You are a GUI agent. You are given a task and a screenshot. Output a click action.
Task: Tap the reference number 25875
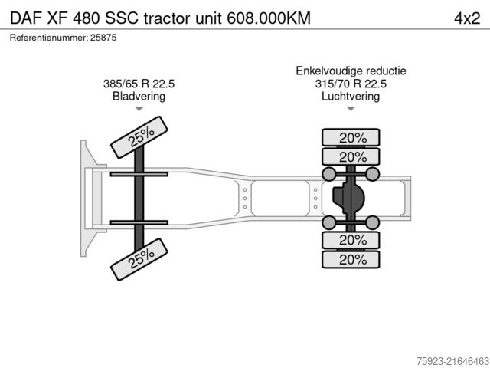click(x=102, y=37)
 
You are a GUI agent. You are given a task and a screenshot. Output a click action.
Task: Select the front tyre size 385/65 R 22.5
click(x=139, y=84)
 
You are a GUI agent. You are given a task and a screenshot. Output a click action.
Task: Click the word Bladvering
click(x=139, y=97)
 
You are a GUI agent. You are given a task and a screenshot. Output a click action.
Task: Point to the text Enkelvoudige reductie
click(x=351, y=71)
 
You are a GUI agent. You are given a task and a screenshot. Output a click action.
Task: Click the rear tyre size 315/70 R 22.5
click(x=351, y=84)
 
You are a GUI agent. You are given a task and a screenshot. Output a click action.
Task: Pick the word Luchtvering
click(x=351, y=97)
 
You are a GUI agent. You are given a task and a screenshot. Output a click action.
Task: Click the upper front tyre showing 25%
click(x=140, y=136)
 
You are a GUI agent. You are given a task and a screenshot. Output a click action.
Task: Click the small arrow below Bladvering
click(x=139, y=110)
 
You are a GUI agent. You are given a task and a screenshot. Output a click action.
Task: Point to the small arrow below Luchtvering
click(x=351, y=110)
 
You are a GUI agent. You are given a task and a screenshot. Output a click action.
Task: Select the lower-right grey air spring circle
click(x=373, y=222)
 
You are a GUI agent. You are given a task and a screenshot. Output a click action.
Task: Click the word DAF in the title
click(x=24, y=18)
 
